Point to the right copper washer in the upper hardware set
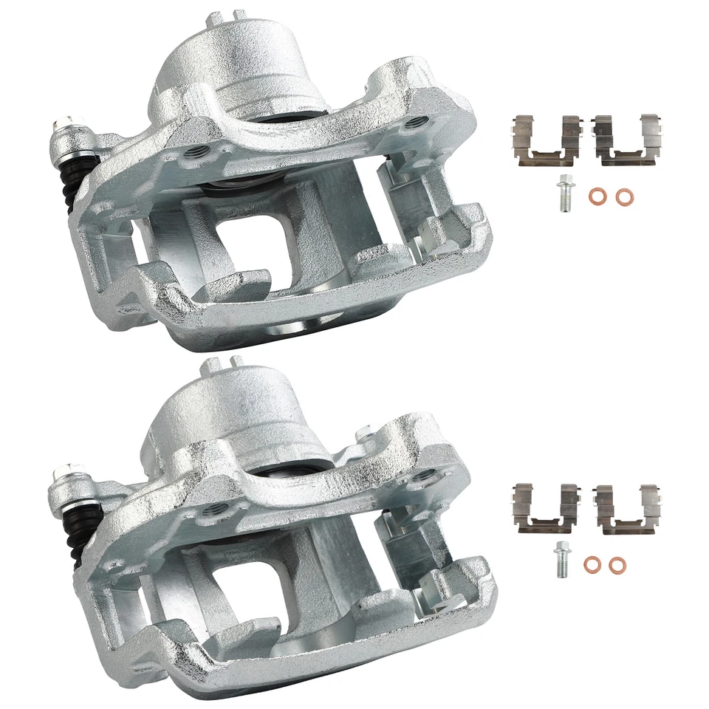[x=625, y=197]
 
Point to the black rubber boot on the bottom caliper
[x=76, y=532]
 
